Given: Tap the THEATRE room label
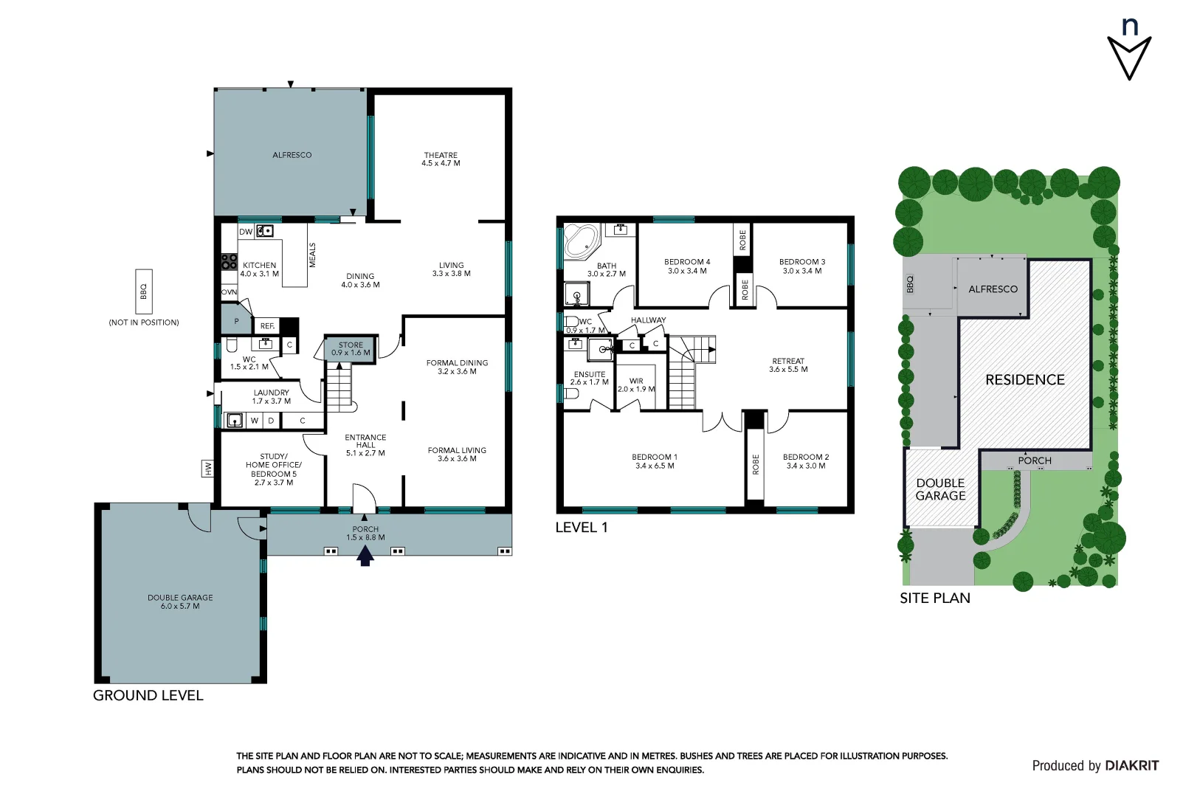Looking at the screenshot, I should pos(441,155).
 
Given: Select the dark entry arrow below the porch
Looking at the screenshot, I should pos(365,556).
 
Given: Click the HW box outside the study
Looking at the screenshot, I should pos(208,468).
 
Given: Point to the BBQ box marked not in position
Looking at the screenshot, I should pos(144,292).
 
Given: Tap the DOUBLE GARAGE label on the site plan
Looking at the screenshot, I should pos(940,489).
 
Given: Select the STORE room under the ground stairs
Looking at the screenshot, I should pos(351,348).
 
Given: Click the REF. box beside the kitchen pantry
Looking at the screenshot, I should pos(267,325).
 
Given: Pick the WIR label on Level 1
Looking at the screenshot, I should pos(636,381).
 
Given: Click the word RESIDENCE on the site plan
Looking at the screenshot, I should pos(1025,380).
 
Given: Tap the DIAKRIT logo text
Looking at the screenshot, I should pos(1131,765).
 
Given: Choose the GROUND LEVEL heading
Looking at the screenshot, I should pos(148,695).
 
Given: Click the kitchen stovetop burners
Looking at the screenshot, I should pos(230,261).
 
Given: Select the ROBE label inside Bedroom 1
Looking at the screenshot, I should pos(755,464).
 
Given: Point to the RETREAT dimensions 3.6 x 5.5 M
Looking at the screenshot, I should pos(788,370).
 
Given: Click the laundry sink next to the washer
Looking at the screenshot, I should pos(234,421).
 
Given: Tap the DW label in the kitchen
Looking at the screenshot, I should pos(246,232).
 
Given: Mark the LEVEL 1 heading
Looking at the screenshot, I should pos(582,528).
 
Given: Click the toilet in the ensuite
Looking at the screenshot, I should pos(570,393).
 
